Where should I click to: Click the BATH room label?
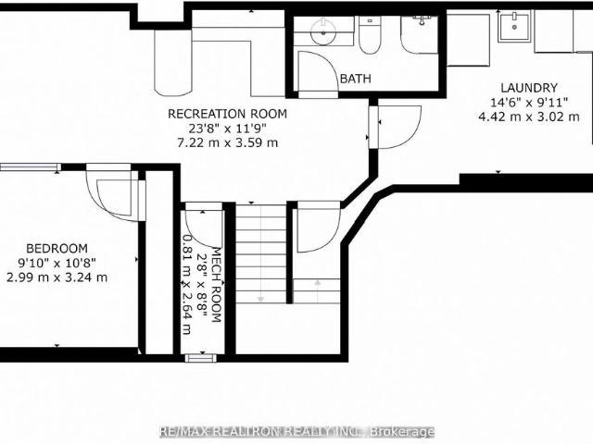[356, 79]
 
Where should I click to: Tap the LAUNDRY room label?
[529, 88]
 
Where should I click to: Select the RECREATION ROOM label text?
[227, 114]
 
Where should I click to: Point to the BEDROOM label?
[57, 249]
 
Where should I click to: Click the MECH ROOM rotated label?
[216, 285]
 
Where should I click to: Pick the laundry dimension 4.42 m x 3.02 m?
[529, 117]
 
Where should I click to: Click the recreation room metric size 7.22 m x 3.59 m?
[228, 142]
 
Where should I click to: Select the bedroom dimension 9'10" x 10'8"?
[57, 263]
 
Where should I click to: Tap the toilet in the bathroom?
[370, 35]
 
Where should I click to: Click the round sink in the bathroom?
[323, 31]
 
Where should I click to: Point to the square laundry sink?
[514, 26]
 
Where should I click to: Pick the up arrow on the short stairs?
[317, 290]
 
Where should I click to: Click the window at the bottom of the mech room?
[200, 358]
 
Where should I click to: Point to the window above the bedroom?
[31, 166]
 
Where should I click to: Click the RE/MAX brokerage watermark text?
[297, 431]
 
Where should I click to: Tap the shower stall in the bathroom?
[419, 35]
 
